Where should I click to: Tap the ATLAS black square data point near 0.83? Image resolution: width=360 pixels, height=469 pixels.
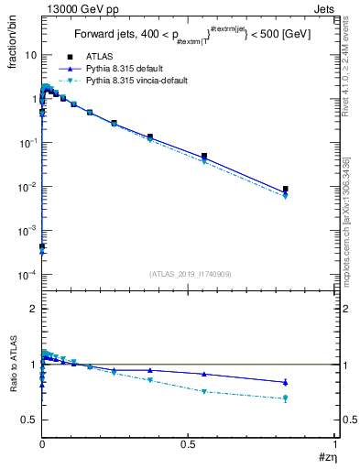pos(286,189)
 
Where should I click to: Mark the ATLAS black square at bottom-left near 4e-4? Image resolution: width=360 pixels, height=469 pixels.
pos(42,246)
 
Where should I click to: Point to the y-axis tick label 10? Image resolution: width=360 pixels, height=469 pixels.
pos(29,55)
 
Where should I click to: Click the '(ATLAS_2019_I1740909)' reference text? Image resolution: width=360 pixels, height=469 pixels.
pos(189,274)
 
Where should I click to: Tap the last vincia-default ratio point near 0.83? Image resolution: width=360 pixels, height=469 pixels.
pos(286,398)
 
